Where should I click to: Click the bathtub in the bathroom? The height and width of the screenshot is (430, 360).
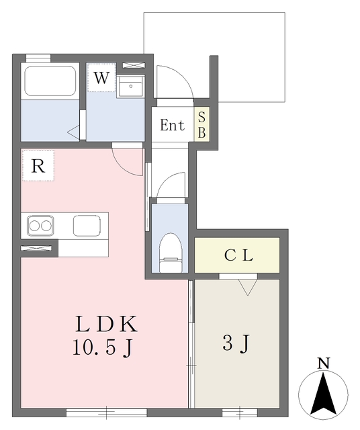pos(50,81)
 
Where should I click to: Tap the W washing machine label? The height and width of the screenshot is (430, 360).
pos(101,78)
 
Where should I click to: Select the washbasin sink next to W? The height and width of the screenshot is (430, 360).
pos(130,87)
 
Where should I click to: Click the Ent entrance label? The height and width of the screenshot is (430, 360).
pos(172,125)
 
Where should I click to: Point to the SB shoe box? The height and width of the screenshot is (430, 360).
pos(201,124)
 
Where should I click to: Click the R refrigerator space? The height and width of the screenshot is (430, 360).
pos(38,165)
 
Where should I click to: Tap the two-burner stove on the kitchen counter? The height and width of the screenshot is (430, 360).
pos(40,226)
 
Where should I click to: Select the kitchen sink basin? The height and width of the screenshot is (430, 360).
pos(87,226)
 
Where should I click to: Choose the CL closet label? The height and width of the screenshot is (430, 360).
pos(238,255)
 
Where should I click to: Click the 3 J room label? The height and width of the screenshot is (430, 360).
pos(236,343)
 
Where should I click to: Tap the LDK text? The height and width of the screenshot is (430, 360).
pos(106,324)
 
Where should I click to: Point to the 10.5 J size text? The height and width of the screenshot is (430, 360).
pos(103,348)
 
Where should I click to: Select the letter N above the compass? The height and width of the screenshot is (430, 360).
pos(324,363)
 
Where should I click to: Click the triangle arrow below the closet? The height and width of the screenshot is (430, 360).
pos(248,288)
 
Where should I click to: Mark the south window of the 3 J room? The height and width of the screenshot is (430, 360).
pos(240,413)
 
